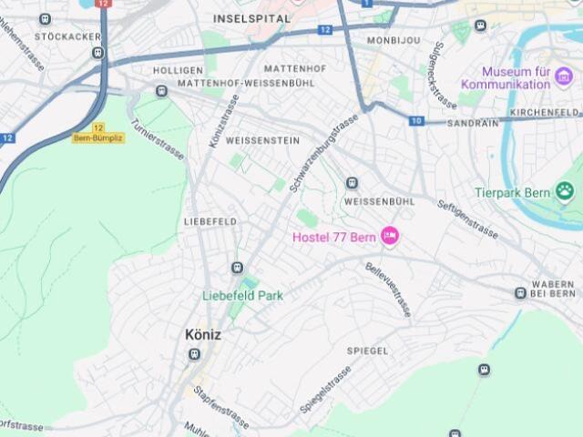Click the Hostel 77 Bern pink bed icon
point(390,237)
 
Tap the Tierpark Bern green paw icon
point(565,192)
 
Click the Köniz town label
point(202,334)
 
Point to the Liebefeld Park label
point(242,295)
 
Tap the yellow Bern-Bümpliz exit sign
point(92,137)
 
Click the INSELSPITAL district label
point(252,18)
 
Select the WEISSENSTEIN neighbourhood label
point(262,140)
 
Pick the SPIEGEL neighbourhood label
point(367,351)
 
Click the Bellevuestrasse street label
point(388,289)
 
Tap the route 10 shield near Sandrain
point(416,121)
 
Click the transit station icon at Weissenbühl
point(352,183)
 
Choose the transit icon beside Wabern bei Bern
point(520,293)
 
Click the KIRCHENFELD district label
point(545,112)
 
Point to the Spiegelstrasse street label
point(325,390)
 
